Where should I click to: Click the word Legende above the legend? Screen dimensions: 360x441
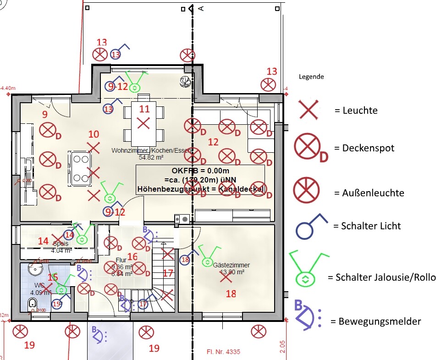coord(311,77)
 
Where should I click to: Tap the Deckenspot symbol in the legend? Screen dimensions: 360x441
coord(308,148)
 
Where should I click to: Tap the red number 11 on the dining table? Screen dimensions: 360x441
coord(144,109)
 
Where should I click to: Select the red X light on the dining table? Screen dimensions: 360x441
coord(143,123)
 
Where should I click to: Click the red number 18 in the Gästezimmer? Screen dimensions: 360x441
coord(231,294)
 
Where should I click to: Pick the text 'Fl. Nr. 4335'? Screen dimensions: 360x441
coord(220,352)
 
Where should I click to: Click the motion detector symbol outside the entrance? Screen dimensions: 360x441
coord(98,335)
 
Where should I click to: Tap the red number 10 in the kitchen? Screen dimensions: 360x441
coord(94,134)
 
